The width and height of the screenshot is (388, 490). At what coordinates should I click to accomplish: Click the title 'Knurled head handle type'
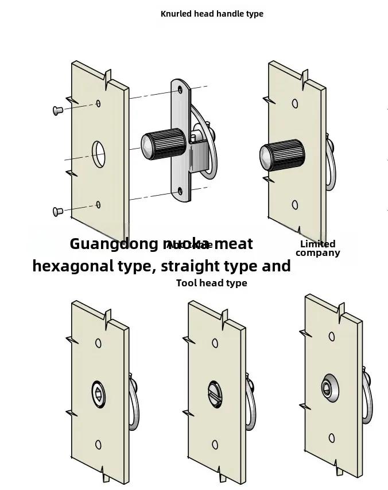[x=212, y=14]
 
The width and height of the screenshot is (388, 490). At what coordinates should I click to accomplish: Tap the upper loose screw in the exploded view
[x=57, y=110]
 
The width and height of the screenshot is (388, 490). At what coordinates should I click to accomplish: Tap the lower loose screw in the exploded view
[x=57, y=212]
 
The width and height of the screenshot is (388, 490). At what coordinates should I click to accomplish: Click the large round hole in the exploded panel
[x=99, y=153]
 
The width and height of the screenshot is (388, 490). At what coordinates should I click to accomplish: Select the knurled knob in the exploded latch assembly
[x=163, y=145]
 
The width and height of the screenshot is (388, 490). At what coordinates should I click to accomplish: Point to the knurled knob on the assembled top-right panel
[x=281, y=156]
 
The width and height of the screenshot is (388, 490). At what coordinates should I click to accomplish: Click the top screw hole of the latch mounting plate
[x=180, y=90]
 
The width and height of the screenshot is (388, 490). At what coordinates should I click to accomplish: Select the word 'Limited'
[x=317, y=244]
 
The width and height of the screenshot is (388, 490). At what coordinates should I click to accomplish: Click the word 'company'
[x=317, y=253]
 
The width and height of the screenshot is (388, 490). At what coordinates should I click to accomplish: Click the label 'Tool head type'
[x=212, y=283]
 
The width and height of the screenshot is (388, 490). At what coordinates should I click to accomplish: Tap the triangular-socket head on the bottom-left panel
[x=99, y=395]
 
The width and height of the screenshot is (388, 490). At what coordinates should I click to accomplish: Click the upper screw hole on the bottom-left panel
[x=98, y=343]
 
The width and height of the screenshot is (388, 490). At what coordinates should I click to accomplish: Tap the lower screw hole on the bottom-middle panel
[x=215, y=445]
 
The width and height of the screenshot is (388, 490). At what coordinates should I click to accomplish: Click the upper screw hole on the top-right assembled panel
[x=295, y=104]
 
